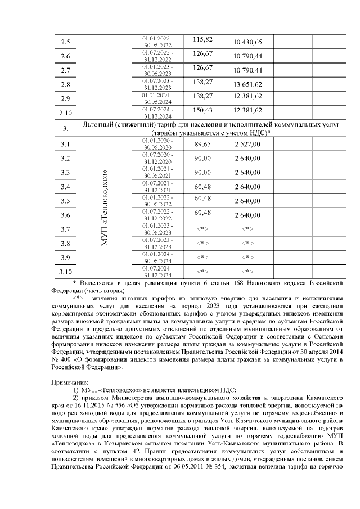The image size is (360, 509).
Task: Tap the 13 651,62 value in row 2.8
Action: click(x=248, y=85)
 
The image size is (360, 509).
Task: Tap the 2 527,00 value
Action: click(x=248, y=145)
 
